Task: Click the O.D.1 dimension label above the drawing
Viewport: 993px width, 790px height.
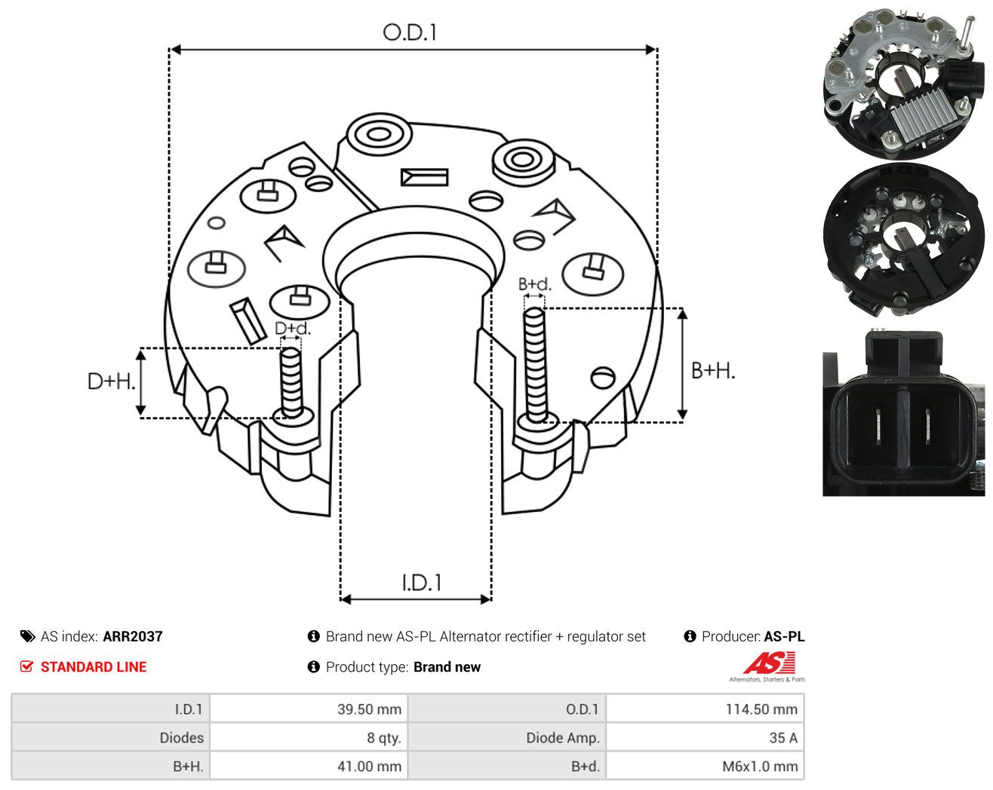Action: tap(410, 32)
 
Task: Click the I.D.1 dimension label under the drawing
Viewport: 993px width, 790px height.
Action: tap(422, 583)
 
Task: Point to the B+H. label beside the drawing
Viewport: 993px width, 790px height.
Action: tap(713, 371)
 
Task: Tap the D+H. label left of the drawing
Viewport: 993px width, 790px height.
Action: tap(112, 381)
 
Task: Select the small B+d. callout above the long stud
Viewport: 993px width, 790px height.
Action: tap(535, 284)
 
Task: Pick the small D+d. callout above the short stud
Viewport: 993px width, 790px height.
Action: tap(293, 328)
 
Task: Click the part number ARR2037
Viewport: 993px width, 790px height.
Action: tap(133, 636)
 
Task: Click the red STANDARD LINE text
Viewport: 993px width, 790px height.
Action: tap(94, 667)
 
